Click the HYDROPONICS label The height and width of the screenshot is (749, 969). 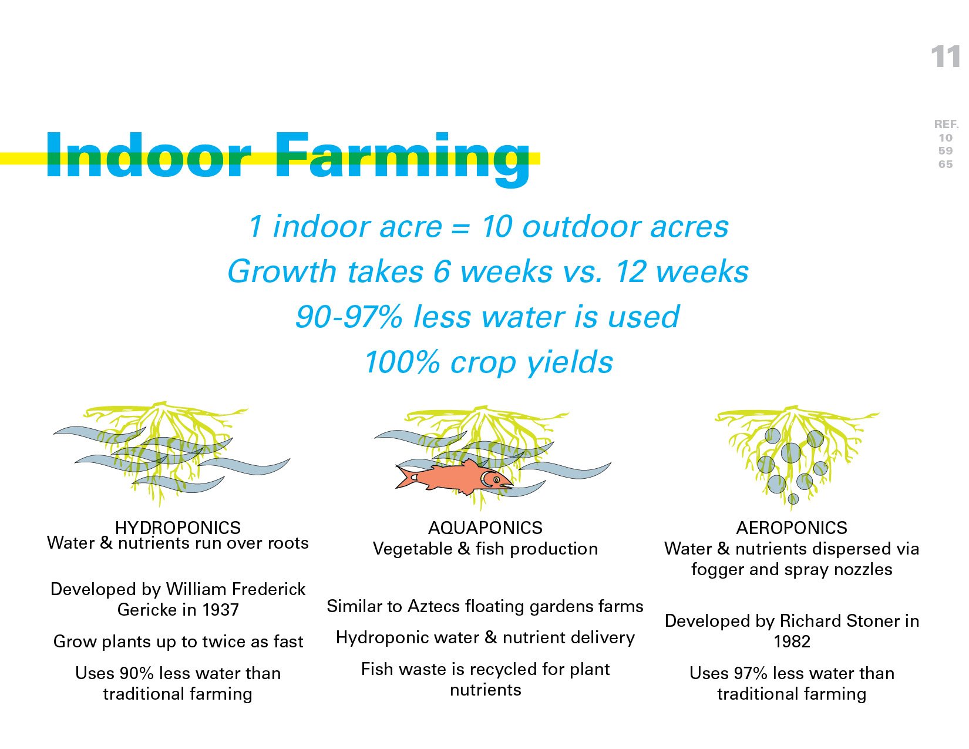pos(177,528)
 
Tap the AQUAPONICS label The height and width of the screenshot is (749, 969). pos(485,528)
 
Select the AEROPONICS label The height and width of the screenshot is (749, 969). pos(792,528)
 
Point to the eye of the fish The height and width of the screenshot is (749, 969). pos(496,479)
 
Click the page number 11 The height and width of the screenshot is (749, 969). pos(946,57)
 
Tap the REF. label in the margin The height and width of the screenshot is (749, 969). pos(946,124)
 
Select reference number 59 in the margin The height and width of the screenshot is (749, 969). pos(946,151)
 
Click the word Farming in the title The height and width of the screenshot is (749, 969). pos(401,159)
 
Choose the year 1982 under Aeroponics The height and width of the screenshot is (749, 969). pos(792,641)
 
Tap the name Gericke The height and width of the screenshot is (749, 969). pos(147,610)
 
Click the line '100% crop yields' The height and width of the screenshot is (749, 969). pos(489,362)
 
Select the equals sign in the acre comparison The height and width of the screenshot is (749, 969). pos(460,228)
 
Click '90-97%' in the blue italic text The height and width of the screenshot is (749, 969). pos(349,317)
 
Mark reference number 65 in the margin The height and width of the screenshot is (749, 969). pos(946,164)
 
